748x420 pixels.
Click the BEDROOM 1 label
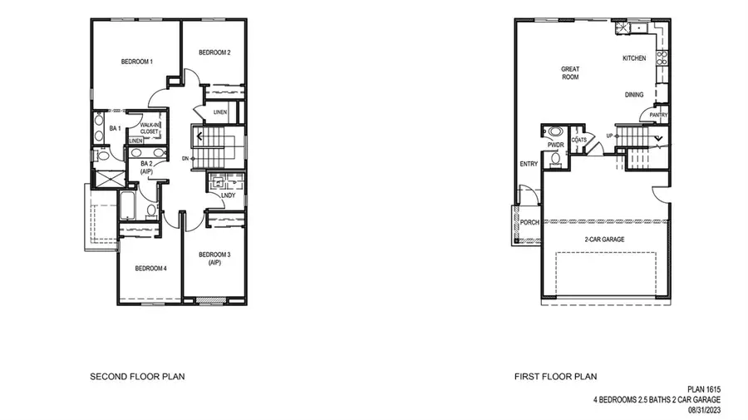137,62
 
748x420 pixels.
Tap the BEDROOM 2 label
214,53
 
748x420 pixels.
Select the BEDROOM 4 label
151,268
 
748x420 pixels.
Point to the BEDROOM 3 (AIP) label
214,259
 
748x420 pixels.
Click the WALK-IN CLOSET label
150,128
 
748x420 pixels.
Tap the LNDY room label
228,195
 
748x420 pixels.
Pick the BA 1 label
116,128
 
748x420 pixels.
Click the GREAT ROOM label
570,73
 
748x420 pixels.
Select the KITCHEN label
634,58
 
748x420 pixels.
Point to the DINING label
634,95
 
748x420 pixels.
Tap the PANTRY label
659,115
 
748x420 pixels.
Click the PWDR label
555,146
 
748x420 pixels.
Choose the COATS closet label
579,140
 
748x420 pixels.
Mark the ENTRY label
529,164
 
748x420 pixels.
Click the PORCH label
529,223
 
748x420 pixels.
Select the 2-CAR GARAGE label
604,239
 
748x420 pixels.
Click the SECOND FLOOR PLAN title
137,377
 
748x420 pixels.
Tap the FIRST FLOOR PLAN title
555,377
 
